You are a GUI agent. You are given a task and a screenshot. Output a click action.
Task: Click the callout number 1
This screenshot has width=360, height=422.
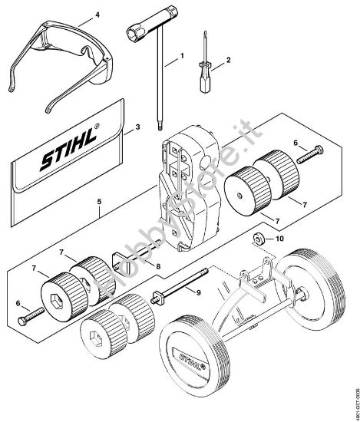(182, 56)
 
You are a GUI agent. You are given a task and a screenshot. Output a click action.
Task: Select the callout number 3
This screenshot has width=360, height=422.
(136, 127)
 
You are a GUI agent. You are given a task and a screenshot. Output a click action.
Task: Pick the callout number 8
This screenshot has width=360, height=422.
(159, 266)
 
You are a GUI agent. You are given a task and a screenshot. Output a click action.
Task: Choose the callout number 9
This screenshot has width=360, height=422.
(199, 292)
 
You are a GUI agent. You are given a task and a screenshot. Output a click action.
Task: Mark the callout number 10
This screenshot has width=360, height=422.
(279, 239)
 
